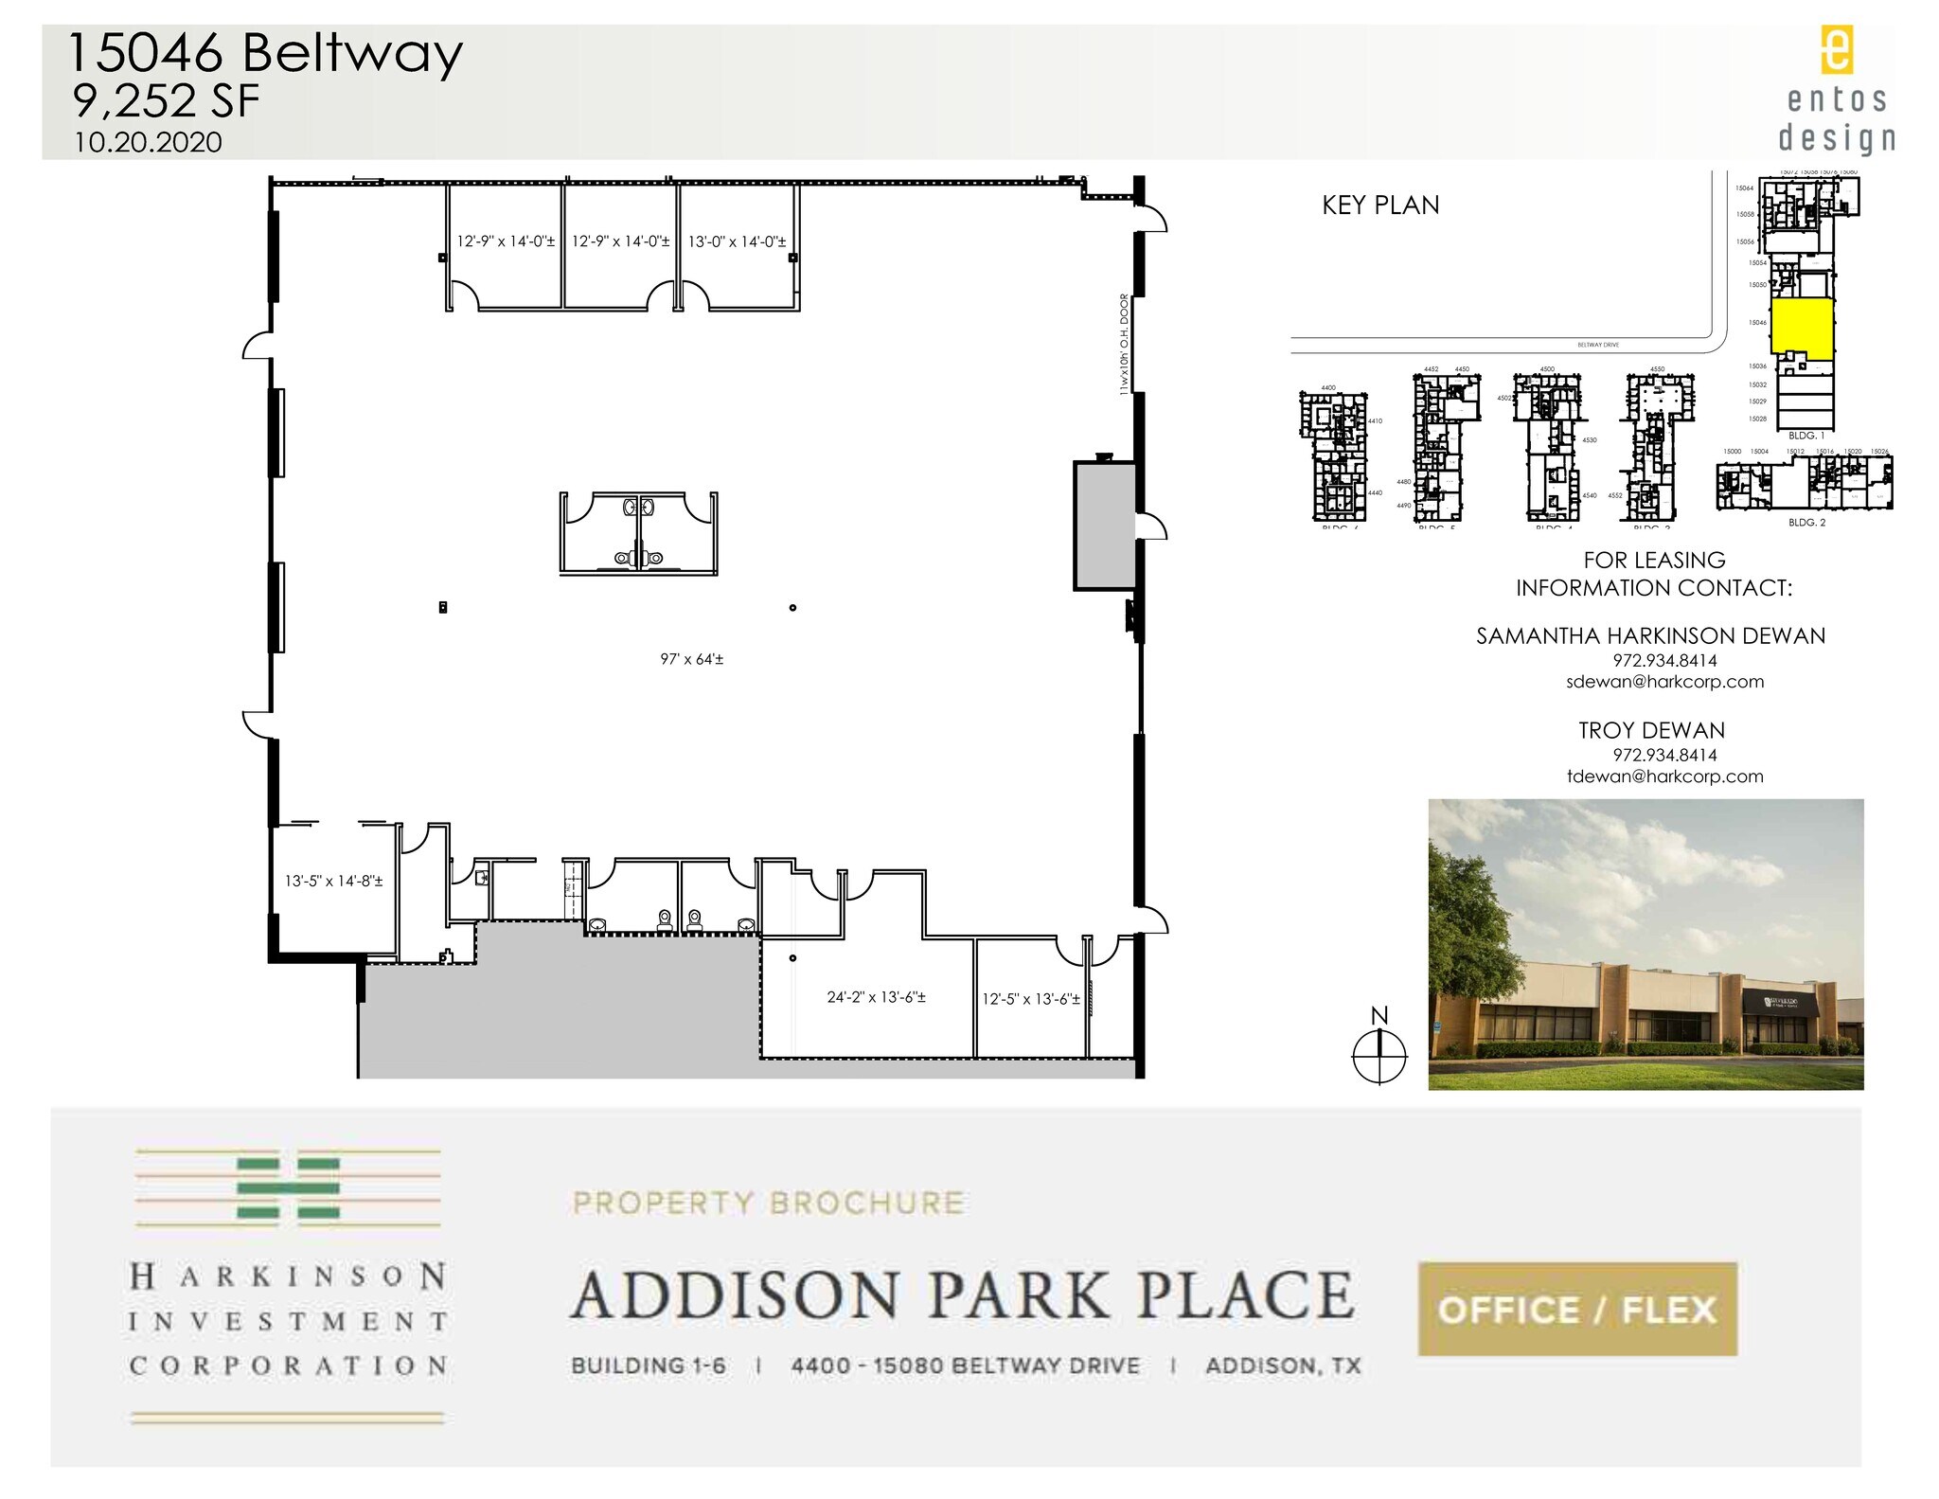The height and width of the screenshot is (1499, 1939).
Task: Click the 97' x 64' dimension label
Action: pos(691,659)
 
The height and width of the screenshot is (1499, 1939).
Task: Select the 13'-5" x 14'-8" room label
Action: pos(333,881)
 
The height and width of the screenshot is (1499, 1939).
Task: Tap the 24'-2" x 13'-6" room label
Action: pos(876,996)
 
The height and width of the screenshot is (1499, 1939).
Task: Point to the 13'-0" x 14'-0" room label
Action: pos(737,241)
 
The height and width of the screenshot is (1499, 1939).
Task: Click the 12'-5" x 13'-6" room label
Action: pos(1030,998)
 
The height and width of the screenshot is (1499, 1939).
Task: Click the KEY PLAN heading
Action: pos(1379,205)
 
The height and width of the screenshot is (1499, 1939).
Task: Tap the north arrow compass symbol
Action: pos(1379,1053)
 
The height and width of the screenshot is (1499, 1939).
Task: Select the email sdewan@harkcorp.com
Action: pos(1664,682)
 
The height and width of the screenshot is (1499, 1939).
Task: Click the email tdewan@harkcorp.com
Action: pos(1664,776)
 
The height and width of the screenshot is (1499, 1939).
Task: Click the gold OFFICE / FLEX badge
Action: pos(1576,1310)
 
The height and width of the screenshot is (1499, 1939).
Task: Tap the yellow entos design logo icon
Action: pos(1837,50)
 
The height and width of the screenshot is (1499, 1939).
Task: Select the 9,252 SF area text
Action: pos(166,101)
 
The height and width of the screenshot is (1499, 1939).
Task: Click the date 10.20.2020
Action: pos(149,142)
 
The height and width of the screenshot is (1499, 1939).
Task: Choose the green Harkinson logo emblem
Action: pos(288,1187)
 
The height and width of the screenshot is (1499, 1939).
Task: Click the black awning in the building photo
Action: pos(1780,1002)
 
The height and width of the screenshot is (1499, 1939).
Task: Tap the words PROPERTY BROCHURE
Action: pos(768,1203)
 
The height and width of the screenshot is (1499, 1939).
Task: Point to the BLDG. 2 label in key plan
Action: pos(1806,522)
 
